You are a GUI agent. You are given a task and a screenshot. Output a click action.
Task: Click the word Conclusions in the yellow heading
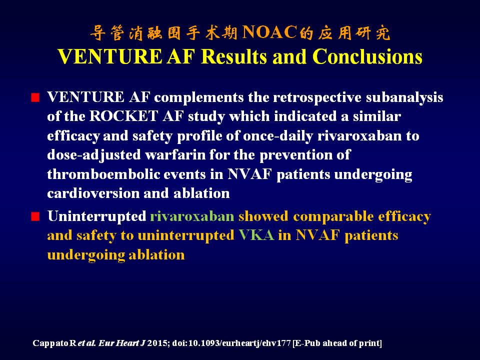tap(367, 56)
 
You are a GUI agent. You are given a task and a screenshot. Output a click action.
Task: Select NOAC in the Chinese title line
tap(269, 32)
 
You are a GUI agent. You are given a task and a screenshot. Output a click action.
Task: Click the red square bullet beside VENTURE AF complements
tap(35, 98)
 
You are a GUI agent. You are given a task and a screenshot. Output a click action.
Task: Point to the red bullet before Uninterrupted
tap(35, 216)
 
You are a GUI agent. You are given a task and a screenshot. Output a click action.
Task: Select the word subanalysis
tap(404, 97)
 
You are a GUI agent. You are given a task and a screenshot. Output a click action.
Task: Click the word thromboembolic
tap(103, 174)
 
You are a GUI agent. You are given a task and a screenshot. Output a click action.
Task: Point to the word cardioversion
tap(93, 193)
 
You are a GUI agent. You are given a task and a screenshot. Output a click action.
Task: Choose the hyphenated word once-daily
tap(278, 136)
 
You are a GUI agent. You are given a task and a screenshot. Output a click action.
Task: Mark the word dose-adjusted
tap(94, 155)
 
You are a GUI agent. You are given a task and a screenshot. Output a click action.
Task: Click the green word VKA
tap(256, 235)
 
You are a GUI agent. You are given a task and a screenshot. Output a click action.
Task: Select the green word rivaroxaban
tap(192, 216)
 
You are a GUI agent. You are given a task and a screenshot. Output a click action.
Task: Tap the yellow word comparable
tap(333, 216)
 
